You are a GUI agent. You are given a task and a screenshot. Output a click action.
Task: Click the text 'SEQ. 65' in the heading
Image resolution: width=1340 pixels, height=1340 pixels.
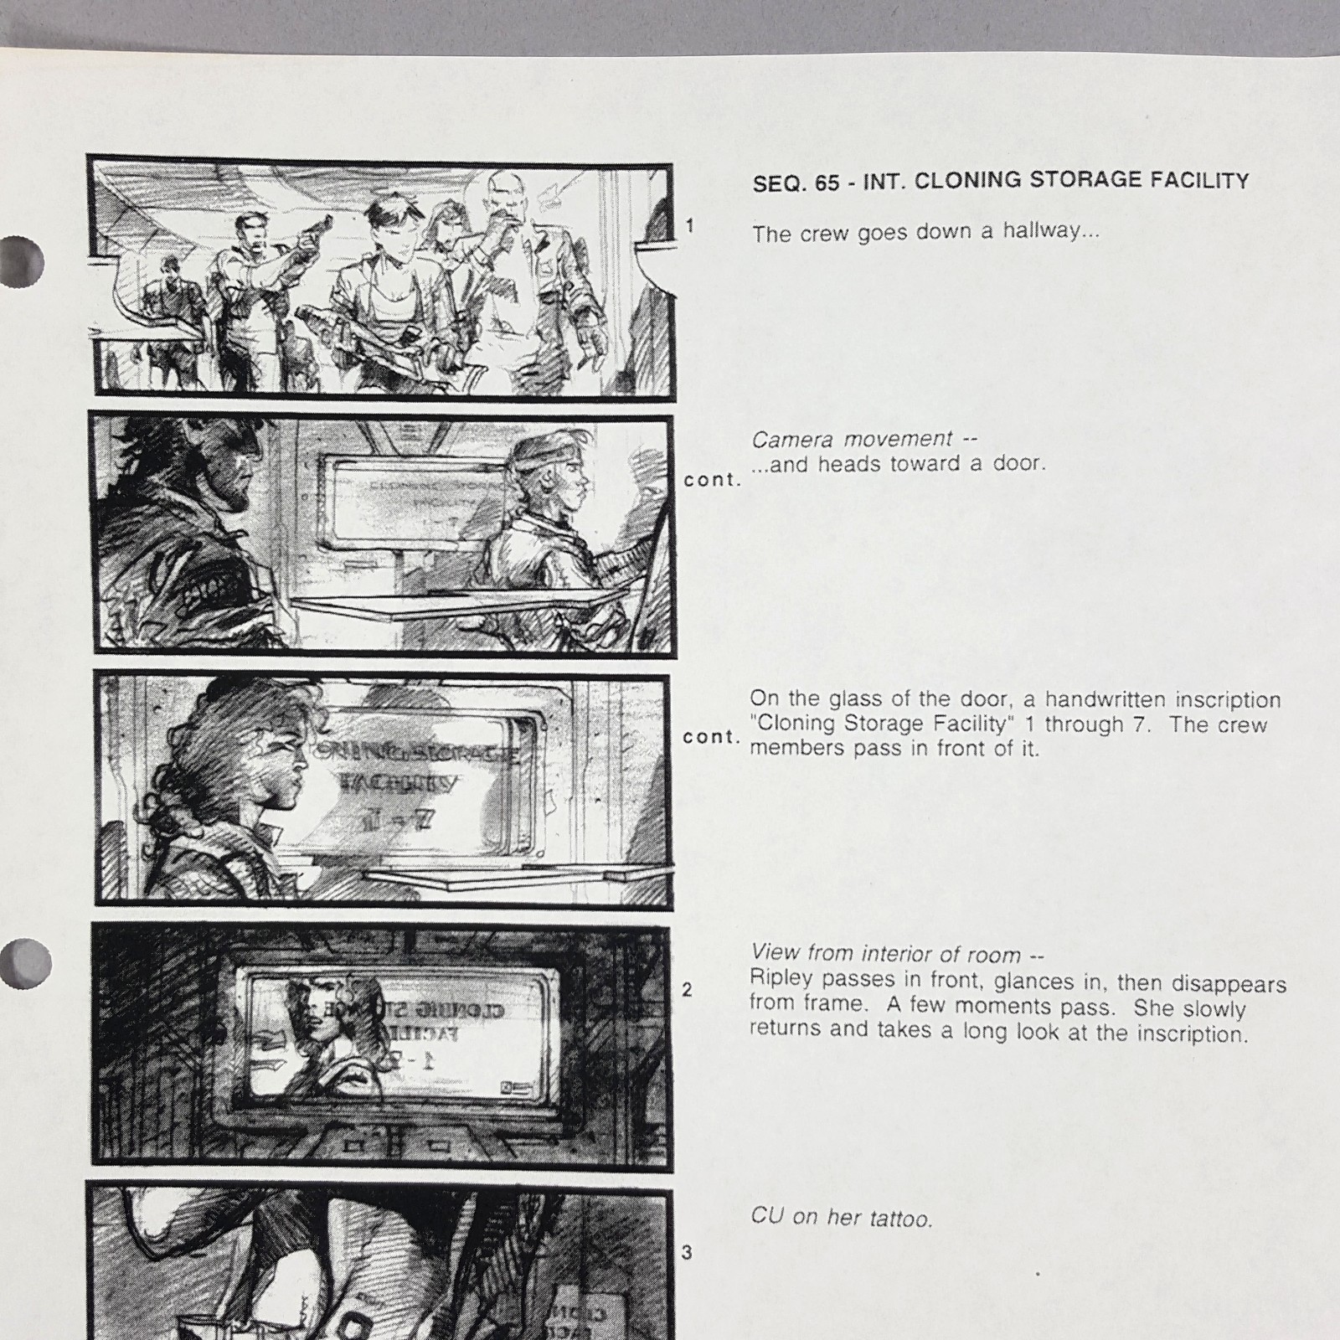(x=796, y=183)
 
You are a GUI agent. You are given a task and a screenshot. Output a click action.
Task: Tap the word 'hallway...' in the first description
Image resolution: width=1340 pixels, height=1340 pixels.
(x=1051, y=231)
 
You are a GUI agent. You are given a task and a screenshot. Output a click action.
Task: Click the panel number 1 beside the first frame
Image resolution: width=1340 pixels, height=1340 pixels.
(x=689, y=225)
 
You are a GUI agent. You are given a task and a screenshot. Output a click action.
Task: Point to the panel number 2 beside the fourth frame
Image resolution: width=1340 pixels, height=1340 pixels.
(x=687, y=990)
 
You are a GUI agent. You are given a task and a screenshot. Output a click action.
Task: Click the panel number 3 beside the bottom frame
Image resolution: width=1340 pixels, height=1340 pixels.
(x=687, y=1253)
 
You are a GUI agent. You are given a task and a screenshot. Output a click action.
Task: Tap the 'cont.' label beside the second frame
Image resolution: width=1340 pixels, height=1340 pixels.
(x=712, y=480)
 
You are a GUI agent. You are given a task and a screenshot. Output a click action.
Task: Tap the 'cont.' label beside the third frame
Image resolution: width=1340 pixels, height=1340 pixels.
(x=711, y=737)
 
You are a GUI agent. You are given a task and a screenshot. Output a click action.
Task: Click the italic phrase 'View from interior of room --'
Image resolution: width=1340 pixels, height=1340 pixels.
(x=897, y=953)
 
